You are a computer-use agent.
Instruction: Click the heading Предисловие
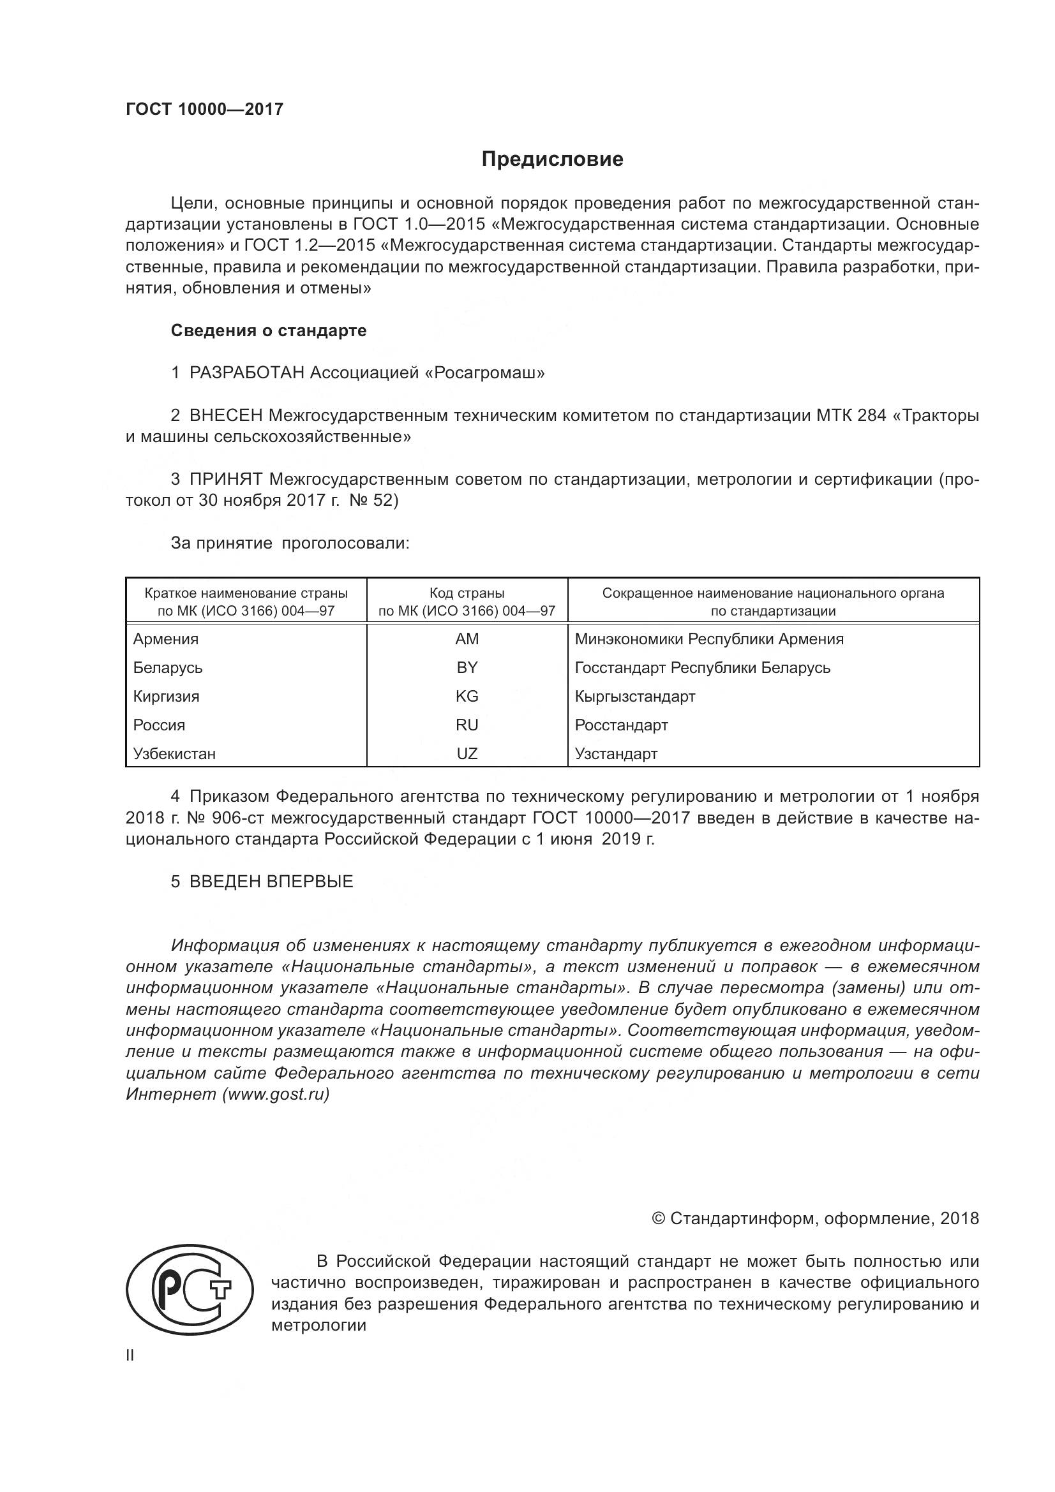552,159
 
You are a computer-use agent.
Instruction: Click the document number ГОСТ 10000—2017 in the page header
204,109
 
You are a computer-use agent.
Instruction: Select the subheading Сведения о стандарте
269,331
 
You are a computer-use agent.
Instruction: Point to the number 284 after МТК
872,415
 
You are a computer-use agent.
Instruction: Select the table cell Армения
166,639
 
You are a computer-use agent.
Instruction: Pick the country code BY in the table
467,667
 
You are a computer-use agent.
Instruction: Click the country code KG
467,696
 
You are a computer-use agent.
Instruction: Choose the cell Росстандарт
621,725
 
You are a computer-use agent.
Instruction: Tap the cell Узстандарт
616,754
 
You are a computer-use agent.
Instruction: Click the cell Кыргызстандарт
634,696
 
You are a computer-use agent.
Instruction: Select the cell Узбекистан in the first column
174,754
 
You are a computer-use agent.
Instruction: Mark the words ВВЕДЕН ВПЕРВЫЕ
271,882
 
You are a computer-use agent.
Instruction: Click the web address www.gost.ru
276,1094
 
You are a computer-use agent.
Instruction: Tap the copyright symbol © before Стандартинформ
658,1218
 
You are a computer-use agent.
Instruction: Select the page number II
130,1355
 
